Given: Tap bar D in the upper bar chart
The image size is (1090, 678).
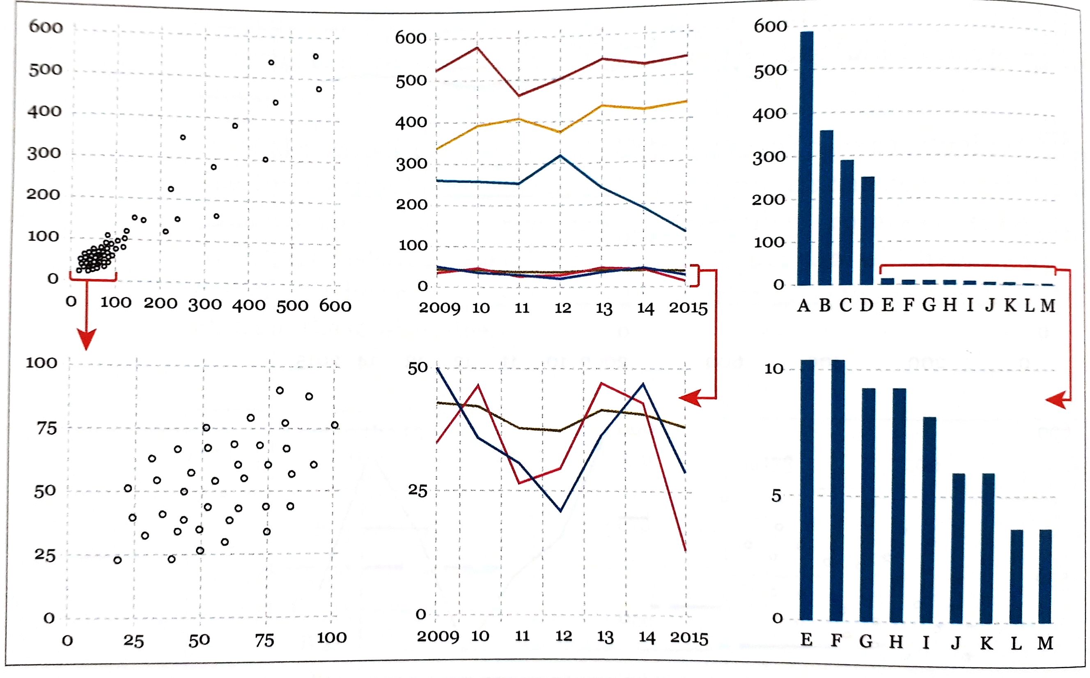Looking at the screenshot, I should click(867, 231).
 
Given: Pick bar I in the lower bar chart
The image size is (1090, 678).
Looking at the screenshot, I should click(927, 520).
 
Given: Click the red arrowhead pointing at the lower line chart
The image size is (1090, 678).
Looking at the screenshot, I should click(691, 397).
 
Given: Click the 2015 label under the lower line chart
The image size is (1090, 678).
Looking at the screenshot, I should click(689, 638).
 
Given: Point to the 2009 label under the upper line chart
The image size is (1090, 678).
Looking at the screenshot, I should click(439, 308).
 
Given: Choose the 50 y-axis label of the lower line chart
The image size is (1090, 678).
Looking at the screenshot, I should click(417, 368).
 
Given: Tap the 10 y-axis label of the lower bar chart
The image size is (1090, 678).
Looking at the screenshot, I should click(774, 369).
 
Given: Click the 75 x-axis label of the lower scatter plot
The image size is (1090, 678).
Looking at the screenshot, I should click(264, 640).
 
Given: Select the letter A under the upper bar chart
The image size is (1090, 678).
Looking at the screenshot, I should click(803, 305).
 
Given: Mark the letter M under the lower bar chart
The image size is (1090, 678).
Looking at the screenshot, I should click(1045, 643).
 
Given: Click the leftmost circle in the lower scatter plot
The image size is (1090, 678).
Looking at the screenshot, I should click(117, 560).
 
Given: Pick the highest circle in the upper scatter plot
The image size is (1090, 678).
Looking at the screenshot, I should click(316, 57).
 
